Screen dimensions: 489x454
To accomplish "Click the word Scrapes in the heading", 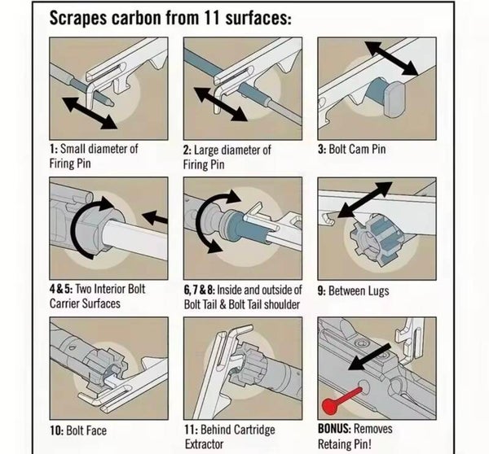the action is point(78,18).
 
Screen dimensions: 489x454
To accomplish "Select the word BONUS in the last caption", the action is point(334,429).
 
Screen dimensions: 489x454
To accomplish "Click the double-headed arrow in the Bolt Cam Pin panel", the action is point(392,59).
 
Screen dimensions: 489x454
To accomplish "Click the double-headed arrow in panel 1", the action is point(90,113).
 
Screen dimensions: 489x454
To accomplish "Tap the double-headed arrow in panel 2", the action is point(221,104).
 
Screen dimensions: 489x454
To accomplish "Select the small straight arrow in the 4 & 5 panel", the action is point(155,217).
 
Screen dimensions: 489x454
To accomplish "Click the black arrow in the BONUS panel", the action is point(369,357).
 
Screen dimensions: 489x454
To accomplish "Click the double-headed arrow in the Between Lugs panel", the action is point(365,199).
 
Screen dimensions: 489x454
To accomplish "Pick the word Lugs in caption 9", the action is point(377,291).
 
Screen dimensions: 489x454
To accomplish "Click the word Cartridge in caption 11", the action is point(253,430).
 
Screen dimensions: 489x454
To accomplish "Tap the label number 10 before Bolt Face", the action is point(57,431).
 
